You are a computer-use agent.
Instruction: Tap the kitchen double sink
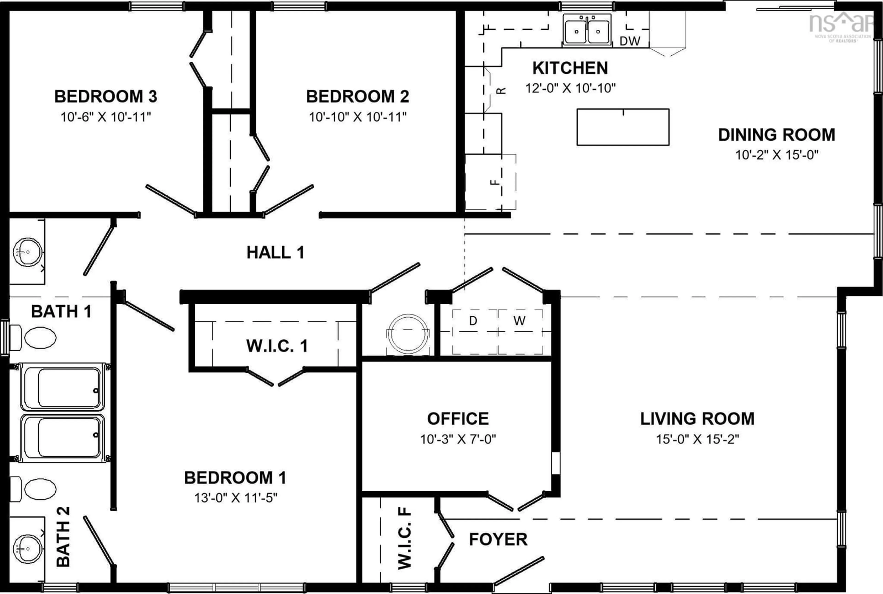(x=587, y=30)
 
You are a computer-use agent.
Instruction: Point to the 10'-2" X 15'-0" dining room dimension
(x=777, y=155)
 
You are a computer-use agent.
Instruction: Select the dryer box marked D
(x=473, y=321)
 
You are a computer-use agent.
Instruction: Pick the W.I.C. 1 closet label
(x=277, y=346)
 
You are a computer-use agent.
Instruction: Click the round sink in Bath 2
(x=27, y=549)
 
